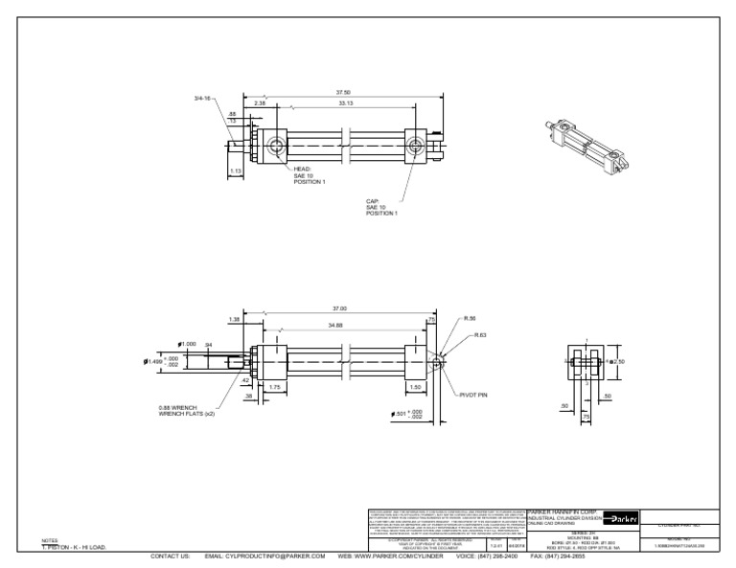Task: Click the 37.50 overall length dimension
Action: [342, 93]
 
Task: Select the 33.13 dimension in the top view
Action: [346, 103]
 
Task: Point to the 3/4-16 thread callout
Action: [203, 99]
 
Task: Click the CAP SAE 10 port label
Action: [380, 208]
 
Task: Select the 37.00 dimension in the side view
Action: [338, 308]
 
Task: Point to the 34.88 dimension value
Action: [336, 327]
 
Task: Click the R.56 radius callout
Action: [470, 319]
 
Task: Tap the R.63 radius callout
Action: [481, 336]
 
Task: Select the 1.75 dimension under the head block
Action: [274, 386]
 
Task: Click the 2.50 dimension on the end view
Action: [619, 362]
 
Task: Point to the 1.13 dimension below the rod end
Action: [235, 171]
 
